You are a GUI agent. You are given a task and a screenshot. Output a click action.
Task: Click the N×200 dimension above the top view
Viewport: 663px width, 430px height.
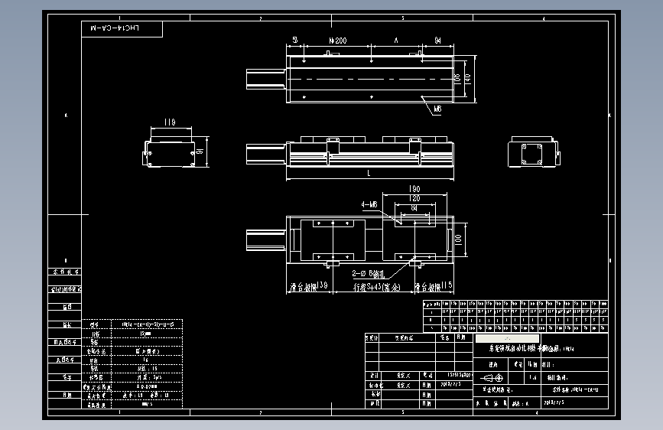click(x=336, y=40)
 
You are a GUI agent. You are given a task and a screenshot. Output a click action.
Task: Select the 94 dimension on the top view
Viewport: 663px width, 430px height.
click(x=437, y=40)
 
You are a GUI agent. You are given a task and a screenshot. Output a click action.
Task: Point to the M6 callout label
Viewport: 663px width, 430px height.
click(x=437, y=109)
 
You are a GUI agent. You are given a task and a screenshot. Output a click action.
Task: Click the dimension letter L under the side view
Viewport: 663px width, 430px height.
click(x=369, y=174)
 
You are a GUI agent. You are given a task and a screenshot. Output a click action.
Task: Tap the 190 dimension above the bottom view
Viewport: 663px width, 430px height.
click(x=415, y=189)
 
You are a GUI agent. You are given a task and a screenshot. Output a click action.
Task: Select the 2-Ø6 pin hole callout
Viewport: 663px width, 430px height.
click(x=369, y=272)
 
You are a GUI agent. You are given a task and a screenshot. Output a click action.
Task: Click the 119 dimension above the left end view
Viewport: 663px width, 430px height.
click(x=170, y=122)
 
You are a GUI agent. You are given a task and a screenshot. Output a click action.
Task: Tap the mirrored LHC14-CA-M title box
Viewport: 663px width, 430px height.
click(x=122, y=29)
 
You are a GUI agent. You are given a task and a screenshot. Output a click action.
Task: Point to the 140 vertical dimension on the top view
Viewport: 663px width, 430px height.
click(x=467, y=77)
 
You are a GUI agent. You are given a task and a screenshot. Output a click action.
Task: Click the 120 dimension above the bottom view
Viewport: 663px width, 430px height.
click(x=414, y=197)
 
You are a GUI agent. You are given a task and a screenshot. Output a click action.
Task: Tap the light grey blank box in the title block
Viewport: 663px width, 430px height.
click(x=507, y=338)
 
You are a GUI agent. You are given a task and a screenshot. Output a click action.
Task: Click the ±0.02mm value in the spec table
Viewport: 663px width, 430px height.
click(x=147, y=386)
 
